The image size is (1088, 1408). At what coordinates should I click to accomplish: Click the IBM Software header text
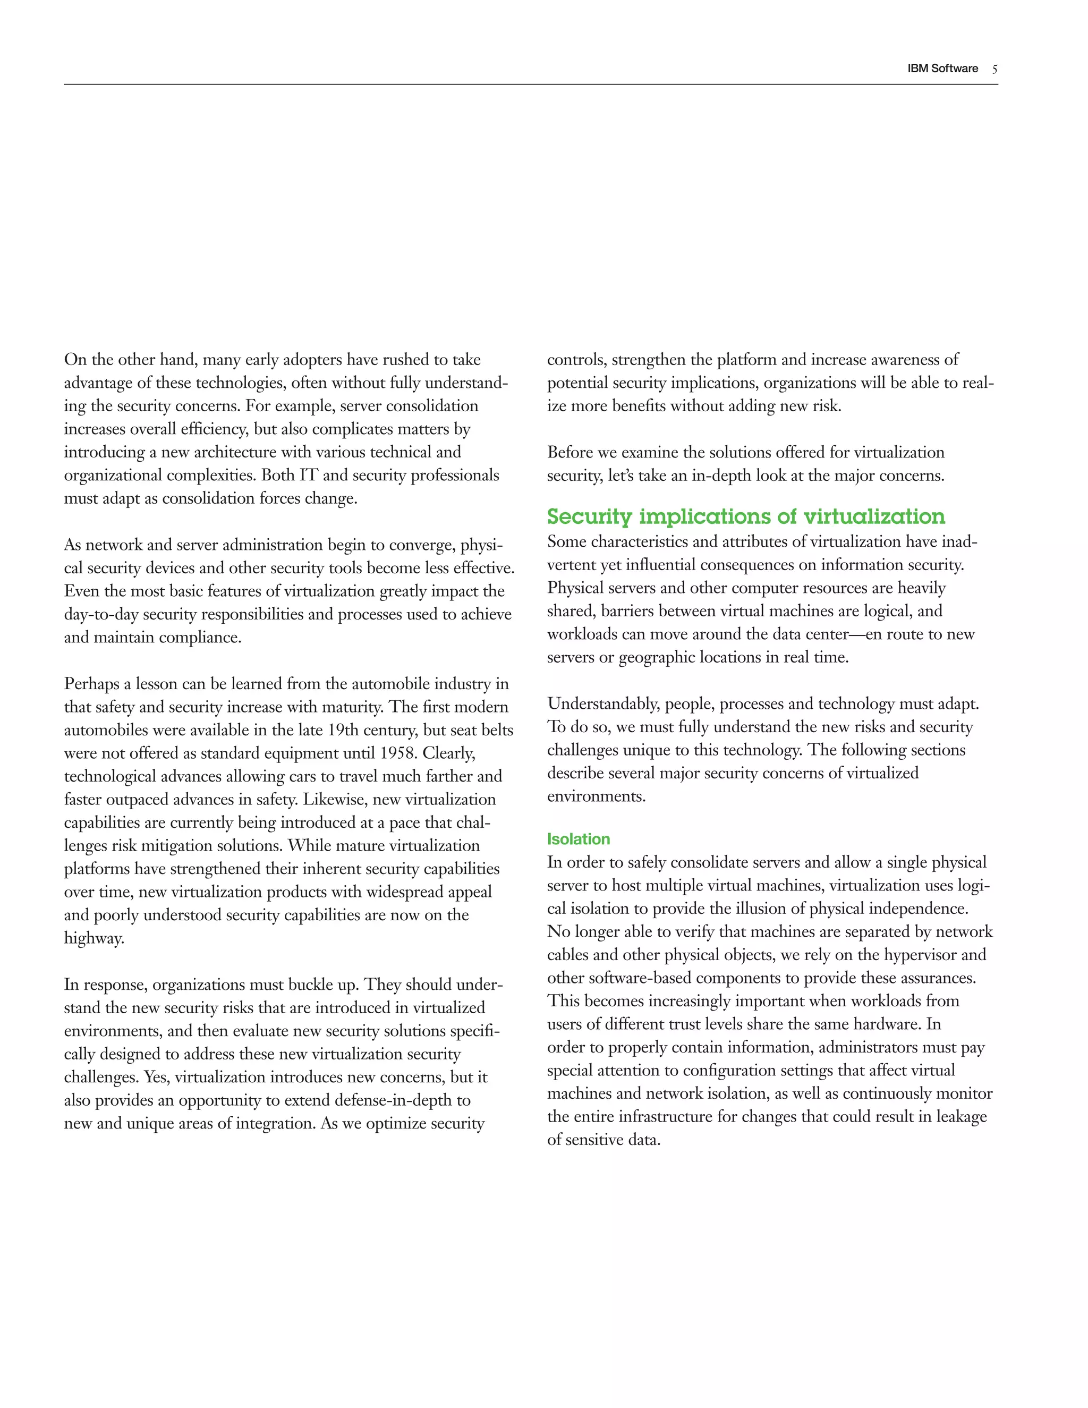(x=942, y=69)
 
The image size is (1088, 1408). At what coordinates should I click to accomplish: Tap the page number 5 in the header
(x=994, y=69)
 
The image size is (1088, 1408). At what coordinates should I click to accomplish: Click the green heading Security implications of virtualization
(x=746, y=516)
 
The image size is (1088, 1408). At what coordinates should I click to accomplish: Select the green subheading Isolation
(x=578, y=839)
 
